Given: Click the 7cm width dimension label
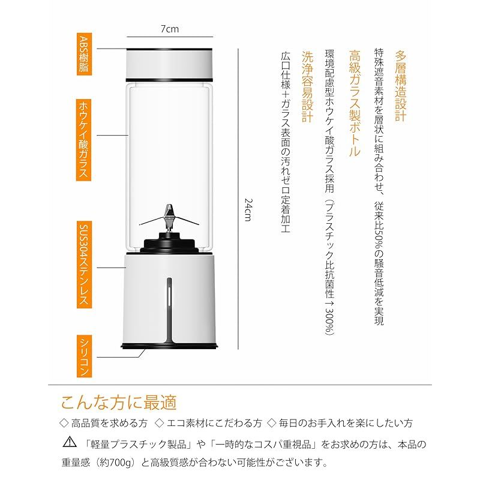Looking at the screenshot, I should tap(170, 28).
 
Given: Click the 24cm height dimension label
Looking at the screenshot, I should tap(247, 210).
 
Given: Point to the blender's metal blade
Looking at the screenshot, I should tap(170, 215).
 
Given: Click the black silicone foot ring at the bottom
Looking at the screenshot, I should tap(170, 346).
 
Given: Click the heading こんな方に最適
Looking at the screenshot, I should tap(119, 401).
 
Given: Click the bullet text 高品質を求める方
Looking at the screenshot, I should tap(109, 423).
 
